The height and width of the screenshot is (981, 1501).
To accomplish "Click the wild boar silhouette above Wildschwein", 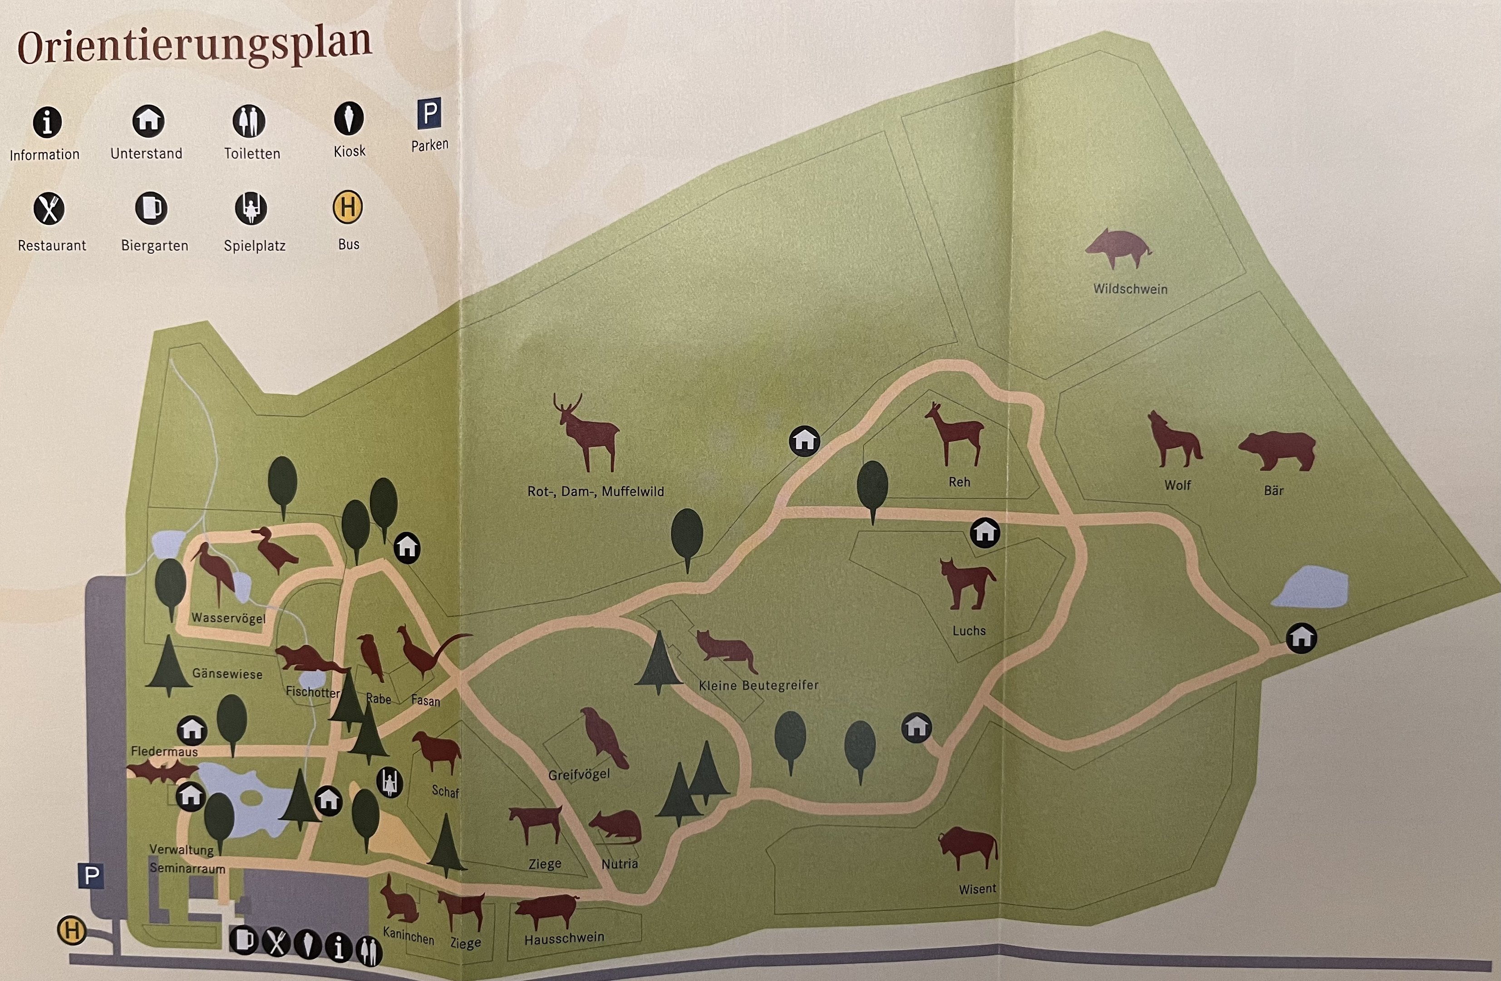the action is click(x=1117, y=248).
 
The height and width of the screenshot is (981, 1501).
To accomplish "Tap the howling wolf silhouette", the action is click(x=1174, y=440).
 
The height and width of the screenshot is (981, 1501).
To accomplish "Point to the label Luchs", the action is click(x=969, y=631).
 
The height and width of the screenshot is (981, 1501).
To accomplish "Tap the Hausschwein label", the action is click(x=564, y=939).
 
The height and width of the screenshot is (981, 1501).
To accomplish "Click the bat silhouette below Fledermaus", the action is click(x=162, y=772).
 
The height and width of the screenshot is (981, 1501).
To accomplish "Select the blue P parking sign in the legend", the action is click(x=429, y=114).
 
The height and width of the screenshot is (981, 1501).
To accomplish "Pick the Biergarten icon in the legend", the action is click(x=151, y=208).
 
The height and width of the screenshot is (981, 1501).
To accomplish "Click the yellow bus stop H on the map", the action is click(x=72, y=931).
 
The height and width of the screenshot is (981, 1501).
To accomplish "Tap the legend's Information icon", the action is click(x=47, y=122).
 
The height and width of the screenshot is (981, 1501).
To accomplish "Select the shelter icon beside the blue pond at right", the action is click(x=1301, y=638).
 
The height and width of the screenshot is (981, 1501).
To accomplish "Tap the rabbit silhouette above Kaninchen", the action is click(x=399, y=900).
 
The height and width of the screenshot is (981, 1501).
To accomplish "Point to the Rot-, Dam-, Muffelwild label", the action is click(x=595, y=491).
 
